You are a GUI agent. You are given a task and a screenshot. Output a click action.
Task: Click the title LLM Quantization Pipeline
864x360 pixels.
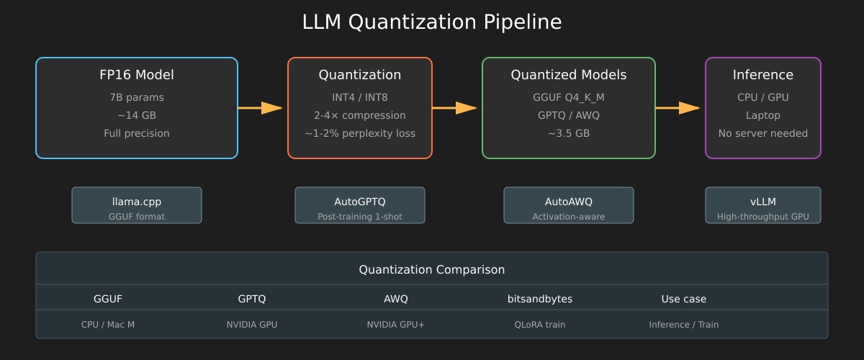point(431,22)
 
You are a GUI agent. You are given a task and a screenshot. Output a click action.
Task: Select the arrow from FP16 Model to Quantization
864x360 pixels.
point(261,108)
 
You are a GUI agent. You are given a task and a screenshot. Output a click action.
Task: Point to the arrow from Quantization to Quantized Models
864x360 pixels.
point(455,108)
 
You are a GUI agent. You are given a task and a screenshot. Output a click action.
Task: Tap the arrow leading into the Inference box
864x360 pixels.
point(678,108)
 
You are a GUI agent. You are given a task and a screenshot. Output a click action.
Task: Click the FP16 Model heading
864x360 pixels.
point(137,75)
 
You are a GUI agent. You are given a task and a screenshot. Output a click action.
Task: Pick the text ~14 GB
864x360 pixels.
point(137,115)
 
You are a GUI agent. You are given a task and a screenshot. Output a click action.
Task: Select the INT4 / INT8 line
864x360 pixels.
point(360,97)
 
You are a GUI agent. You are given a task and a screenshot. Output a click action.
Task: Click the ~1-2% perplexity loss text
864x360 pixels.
point(360,133)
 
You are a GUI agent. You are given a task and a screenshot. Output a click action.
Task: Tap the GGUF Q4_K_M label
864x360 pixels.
point(569,97)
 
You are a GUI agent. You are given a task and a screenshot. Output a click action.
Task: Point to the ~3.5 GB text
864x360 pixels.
point(569,133)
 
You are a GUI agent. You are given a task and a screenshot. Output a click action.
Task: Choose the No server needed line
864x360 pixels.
point(763,133)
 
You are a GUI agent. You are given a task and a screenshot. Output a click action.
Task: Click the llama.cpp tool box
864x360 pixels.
point(137,205)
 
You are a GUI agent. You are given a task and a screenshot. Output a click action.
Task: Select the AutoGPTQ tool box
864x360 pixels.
point(360,205)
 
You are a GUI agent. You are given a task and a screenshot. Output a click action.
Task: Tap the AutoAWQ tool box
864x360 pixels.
point(569,205)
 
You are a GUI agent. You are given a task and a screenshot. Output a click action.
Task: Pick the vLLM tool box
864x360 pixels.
point(763,205)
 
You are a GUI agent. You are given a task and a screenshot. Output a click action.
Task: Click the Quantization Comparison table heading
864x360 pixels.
point(431,270)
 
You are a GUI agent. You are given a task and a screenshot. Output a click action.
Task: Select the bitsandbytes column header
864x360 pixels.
point(539,299)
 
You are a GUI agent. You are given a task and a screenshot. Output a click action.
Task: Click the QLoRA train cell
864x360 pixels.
point(539,325)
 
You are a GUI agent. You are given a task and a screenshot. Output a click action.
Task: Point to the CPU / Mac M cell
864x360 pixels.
point(107,325)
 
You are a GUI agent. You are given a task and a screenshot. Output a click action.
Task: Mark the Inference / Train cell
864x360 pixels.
point(684,325)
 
